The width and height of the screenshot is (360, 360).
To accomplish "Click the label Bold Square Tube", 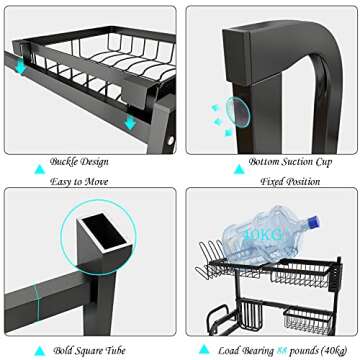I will coord(79,349).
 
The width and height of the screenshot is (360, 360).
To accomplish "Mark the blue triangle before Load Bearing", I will coord(205,349).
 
